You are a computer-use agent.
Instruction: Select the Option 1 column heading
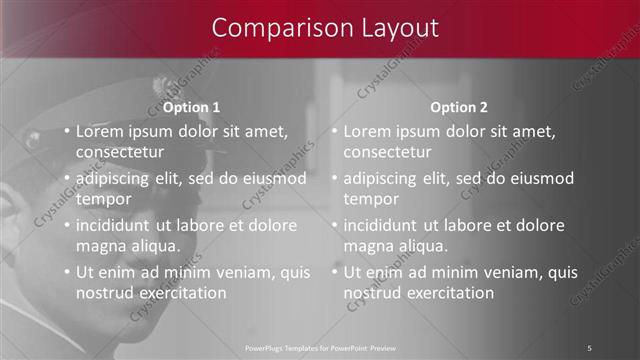coord(192,107)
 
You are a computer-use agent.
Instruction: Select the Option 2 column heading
coord(459,107)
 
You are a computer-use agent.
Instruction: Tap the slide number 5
coord(589,347)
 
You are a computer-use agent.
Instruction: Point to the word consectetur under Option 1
coord(119,152)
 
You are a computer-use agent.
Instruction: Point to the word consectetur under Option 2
coord(387,152)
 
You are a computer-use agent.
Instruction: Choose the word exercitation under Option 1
coord(181,292)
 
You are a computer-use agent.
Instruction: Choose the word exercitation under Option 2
coord(449,292)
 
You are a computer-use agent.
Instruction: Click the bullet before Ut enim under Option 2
coord(335,272)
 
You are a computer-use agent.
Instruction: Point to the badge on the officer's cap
coord(162,88)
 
